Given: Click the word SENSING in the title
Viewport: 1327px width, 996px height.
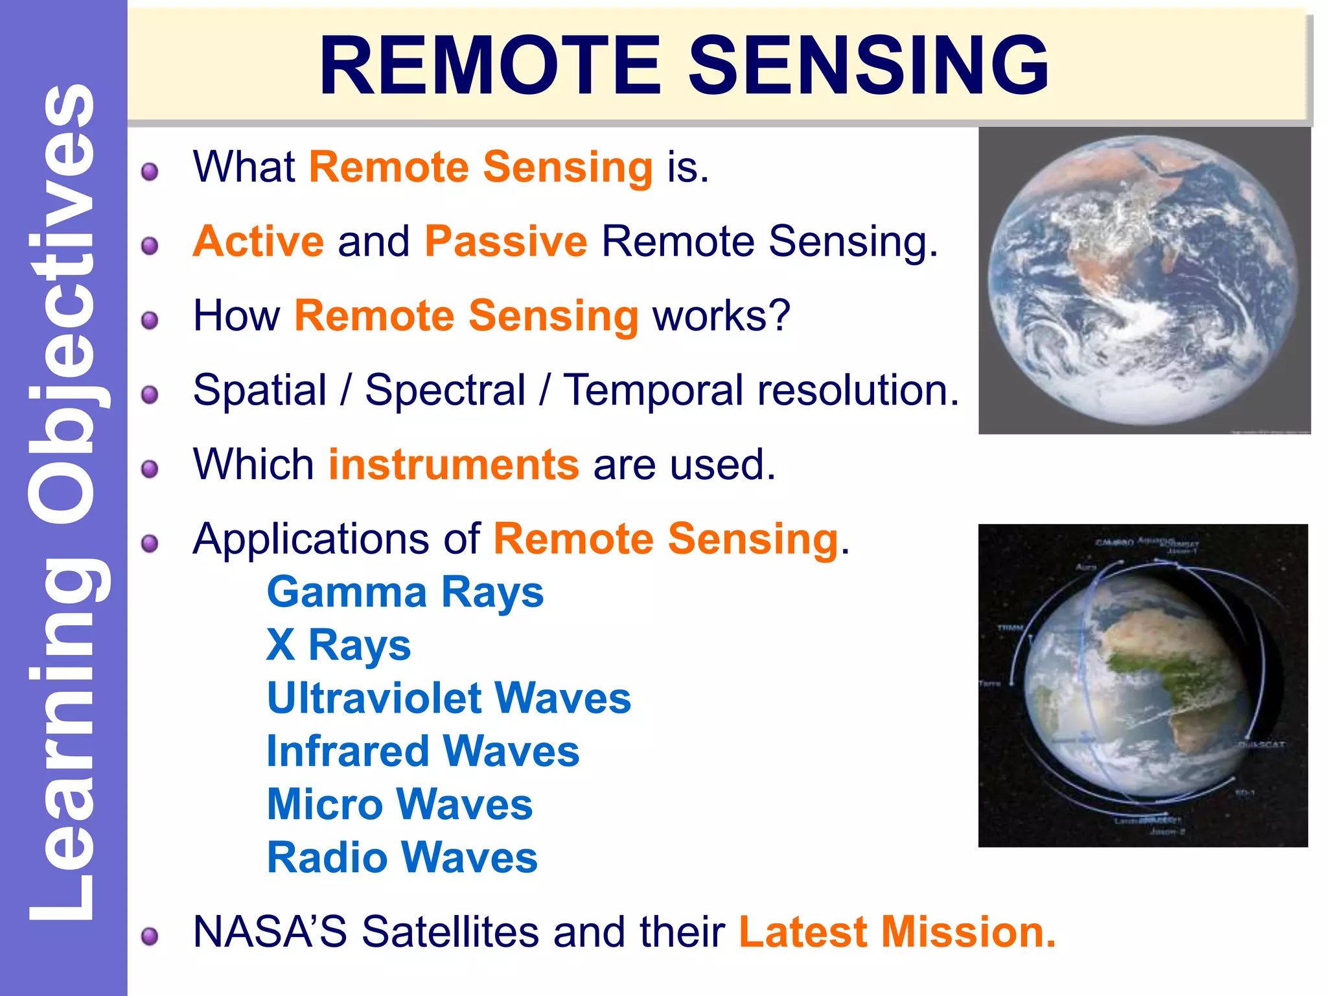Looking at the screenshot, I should (x=868, y=66).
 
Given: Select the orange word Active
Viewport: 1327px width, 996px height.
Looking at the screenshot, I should (x=258, y=241).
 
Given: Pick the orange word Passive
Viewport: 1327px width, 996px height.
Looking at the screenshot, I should (x=505, y=241).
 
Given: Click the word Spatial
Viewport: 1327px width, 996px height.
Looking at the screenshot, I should (x=260, y=391).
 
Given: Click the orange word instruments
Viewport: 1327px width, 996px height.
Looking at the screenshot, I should (x=454, y=465).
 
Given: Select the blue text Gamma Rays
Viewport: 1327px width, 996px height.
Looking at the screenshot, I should (x=405, y=593).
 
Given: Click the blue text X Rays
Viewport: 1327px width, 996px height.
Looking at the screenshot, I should (x=338, y=646).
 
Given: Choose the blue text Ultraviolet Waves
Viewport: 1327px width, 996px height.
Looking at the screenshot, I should (x=448, y=698).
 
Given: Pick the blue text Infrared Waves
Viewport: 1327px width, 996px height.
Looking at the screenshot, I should (x=422, y=752).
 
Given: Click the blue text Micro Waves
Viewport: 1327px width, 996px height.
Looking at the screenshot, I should (x=399, y=805).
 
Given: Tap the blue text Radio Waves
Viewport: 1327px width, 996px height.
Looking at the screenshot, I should (x=402, y=858).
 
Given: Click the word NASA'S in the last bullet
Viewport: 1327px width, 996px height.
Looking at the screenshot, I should (x=269, y=932).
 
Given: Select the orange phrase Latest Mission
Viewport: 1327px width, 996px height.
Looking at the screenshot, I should (x=897, y=932).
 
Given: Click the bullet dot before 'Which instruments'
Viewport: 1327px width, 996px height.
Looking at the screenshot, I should (x=150, y=469).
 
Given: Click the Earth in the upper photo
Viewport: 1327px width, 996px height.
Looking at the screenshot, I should (x=1143, y=280).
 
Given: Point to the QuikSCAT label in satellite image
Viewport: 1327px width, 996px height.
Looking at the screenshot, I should (x=1261, y=745).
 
